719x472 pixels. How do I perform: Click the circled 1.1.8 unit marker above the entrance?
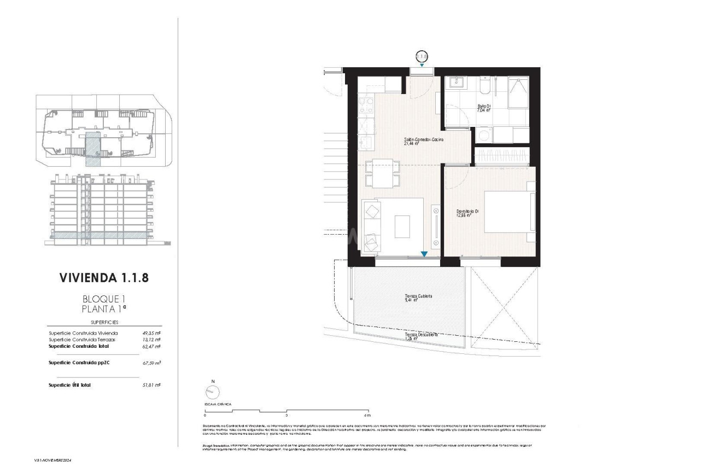click(x=422, y=56)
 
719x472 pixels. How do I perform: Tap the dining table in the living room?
click(x=379, y=172)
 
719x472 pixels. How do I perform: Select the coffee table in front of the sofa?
click(x=403, y=225)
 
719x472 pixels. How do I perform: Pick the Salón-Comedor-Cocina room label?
click(x=423, y=140)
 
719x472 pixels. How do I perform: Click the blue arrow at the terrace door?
click(x=424, y=254)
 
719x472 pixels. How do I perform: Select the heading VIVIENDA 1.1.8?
click(x=103, y=278)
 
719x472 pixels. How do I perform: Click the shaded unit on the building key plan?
click(x=92, y=148)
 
